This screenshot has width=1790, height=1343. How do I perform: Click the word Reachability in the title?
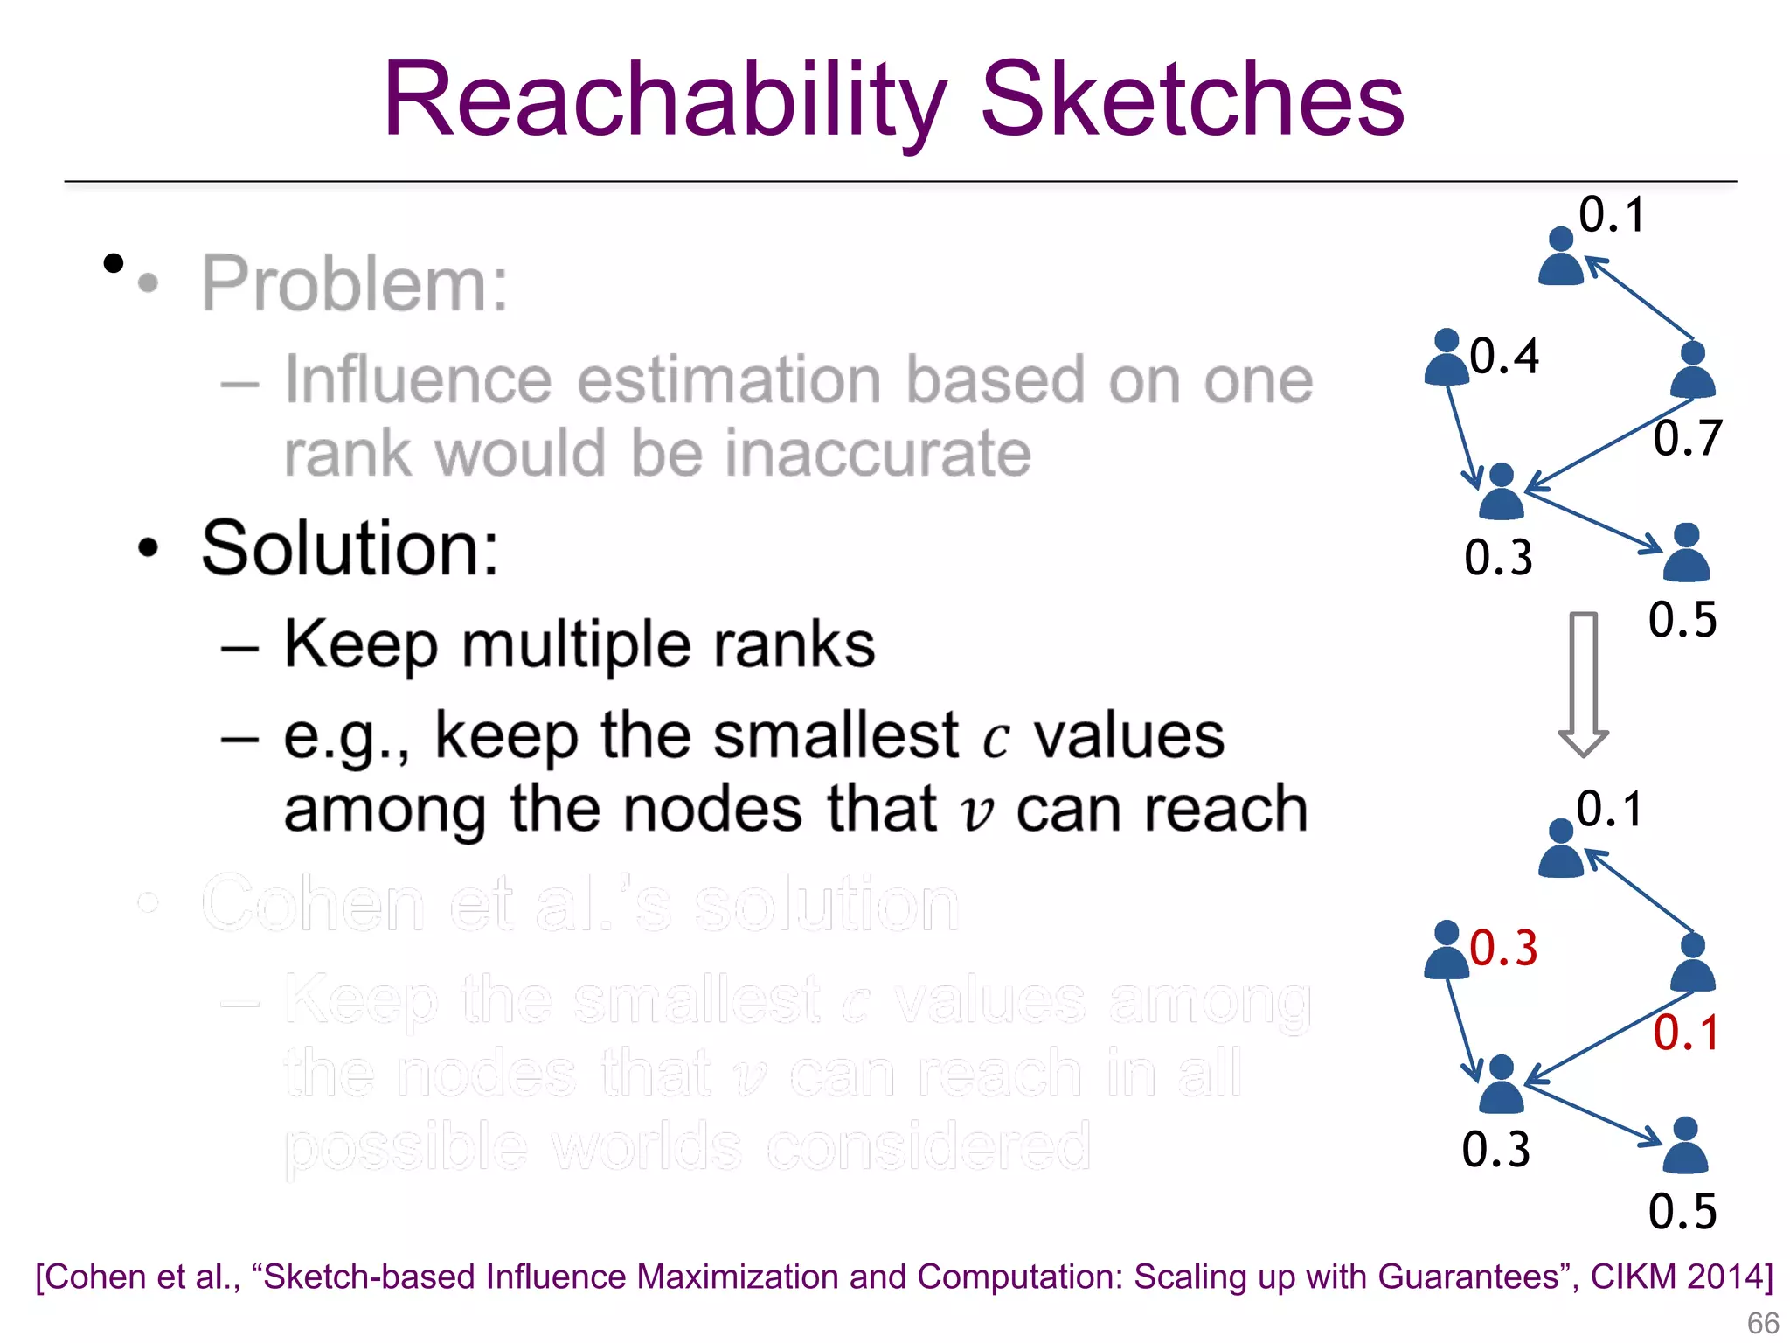point(664,101)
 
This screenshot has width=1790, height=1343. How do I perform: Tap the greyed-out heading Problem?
point(355,283)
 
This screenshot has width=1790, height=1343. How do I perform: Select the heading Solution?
point(350,548)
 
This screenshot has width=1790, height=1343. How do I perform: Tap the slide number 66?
point(1762,1323)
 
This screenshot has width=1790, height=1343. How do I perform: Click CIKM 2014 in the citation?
point(1679,1277)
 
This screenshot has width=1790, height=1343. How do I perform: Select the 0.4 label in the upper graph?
point(1503,356)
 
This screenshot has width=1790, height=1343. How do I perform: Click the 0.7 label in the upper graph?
point(1687,438)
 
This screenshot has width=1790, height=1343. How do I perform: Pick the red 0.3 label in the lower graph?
point(1503,949)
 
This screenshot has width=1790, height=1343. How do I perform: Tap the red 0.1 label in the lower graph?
point(1686,1033)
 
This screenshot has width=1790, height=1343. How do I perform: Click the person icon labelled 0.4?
point(1447,358)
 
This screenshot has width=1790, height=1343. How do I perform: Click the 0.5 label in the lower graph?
point(1682,1212)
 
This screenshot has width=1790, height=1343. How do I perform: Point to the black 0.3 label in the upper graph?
point(1498,558)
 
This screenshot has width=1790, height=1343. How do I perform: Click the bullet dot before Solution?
point(149,548)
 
